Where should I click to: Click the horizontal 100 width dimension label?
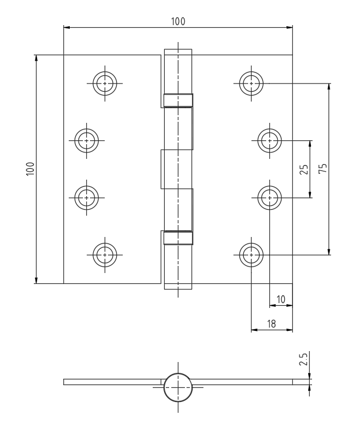pyautogui.click(x=178, y=21)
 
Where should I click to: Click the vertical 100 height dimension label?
pyautogui.click(x=30, y=169)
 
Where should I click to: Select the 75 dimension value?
pyautogui.click(x=322, y=168)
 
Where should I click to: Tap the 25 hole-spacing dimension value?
pyautogui.click(x=304, y=169)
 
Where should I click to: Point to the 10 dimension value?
pyautogui.click(x=280, y=299)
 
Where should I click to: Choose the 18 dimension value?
pyautogui.click(x=272, y=324)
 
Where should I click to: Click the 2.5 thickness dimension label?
pyautogui.click(x=303, y=359)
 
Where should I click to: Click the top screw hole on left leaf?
pyautogui.click(x=105, y=83)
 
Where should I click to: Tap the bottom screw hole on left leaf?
pyautogui.click(x=105, y=255)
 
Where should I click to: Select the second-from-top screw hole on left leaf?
pyautogui.click(x=87, y=140)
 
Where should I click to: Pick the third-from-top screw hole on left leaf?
pyautogui.click(x=87, y=198)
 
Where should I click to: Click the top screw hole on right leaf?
pyautogui.click(x=251, y=83)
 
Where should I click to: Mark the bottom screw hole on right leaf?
pyautogui.click(x=251, y=255)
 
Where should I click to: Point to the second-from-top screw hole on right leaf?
pyautogui.click(x=269, y=140)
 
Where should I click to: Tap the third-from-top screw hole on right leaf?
pyautogui.click(x=269, y=198)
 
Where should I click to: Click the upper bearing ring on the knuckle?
pyautogui.click(x=178, y=100)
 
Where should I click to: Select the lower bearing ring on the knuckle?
pyautogui.click(x=178, y=238)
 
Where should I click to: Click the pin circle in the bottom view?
pyautogui.click(x=178, y=387)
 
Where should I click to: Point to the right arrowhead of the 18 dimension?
pyautogui.click(x=290, y=330)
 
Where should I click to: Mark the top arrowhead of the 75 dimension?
pyautogui.click(x=329, y=86)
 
